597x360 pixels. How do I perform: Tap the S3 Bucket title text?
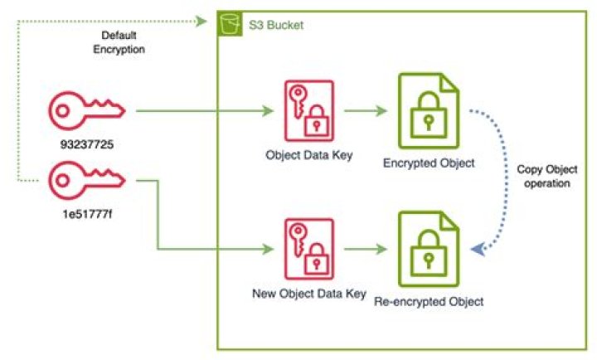(276, 25)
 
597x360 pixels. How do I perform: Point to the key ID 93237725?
(85, 144)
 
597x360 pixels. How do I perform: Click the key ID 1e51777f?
(85, 213)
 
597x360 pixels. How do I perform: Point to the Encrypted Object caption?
(429, 163)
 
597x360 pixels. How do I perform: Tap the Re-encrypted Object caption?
(429, 301)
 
